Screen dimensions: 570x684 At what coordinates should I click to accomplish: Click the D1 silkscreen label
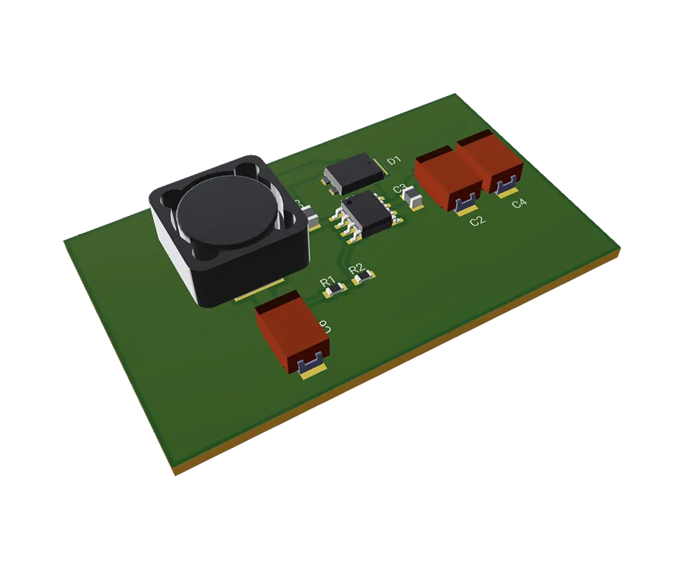tap(394, 161)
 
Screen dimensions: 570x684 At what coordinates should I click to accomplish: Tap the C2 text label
tap(477, 221)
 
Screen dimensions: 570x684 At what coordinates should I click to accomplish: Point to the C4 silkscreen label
tap(519, 204)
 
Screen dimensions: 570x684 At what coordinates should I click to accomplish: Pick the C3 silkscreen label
tap(400, 190)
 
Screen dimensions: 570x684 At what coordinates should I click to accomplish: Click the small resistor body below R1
tap(333, 289)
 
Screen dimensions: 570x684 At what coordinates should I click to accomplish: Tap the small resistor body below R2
tap(363, 276)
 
